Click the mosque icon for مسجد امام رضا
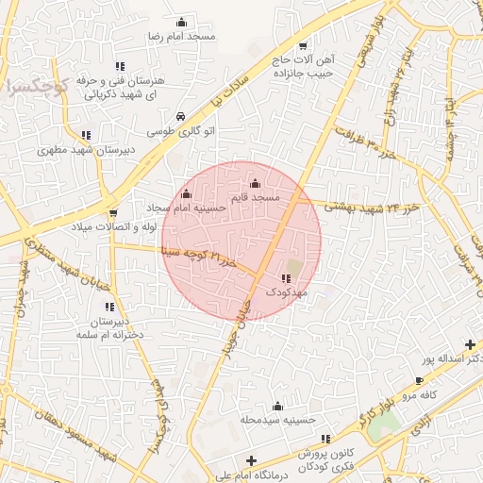point(181,22)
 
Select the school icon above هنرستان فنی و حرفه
point(120,66)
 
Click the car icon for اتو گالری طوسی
point(179,117)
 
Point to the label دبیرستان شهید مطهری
point(86,149)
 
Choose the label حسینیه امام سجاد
point(186,206)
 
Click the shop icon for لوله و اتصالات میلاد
point(113,213)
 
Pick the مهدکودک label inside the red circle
point(286,292)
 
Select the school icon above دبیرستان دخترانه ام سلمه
point(109,308)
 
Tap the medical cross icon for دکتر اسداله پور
point(471,345)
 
